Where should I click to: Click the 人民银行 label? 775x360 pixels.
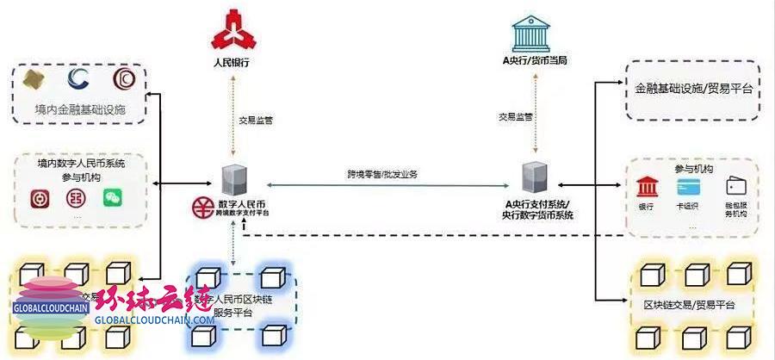tap(234, 63)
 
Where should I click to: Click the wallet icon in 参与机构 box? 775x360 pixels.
tap(735, 186)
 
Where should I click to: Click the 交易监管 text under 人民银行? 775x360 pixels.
tap(256, 121)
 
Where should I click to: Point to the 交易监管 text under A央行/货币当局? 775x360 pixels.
tap(515, 116)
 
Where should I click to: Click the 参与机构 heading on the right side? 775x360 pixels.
tap(692, 169)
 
